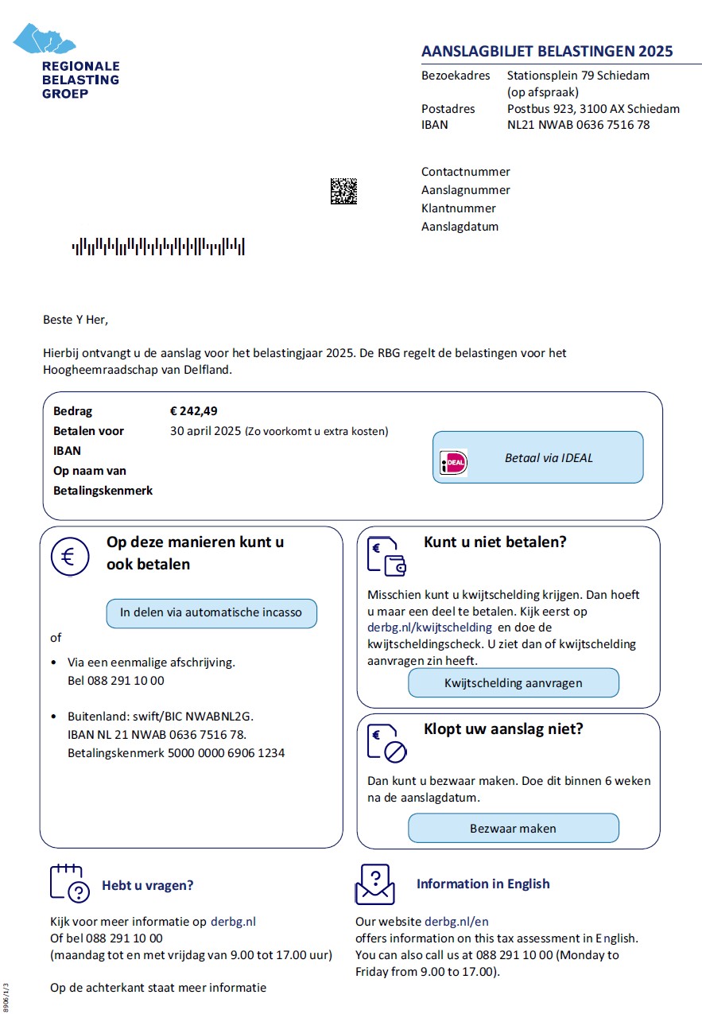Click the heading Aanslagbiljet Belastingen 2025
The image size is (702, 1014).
click(x=547, y=52)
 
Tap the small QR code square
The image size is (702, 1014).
click(x=343, y=191)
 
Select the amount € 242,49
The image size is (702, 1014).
click(x=193, y=411)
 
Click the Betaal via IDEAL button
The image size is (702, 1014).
click(x=537, y=457)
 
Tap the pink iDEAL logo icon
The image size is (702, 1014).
click(x=454, y=463)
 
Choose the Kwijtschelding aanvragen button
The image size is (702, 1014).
click(x=513, y=682)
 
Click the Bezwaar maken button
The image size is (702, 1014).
click(x=513, y=828)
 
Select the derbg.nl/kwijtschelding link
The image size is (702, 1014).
click(x=429, y=627)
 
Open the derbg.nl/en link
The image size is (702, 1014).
click(x=456, y=922)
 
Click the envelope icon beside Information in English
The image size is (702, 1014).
click(x=375, y=884)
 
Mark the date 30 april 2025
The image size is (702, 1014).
click(x=204, y=431)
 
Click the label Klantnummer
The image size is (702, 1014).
click(x=459, y=208)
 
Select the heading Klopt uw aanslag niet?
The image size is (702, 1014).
click(x=503, y=728)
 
